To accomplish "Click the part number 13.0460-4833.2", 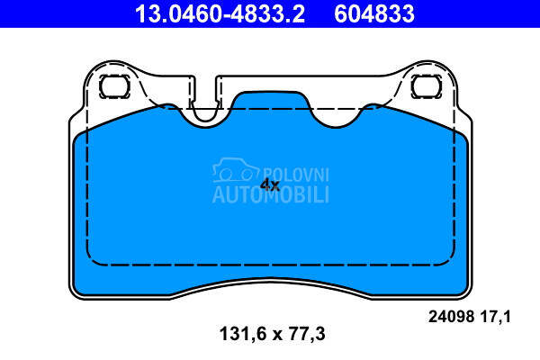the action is (220, 13).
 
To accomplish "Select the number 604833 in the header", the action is (374, 13).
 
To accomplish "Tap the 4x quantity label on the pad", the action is (270, 185).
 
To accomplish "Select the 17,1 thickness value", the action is (495, 316).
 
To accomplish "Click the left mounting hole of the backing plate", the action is (114, 86).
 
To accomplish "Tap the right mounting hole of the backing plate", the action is (427, 86).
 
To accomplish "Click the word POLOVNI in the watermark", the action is (296, 175).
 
